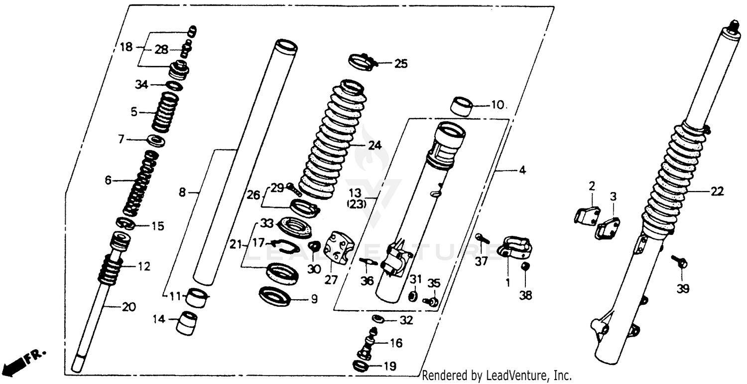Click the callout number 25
pyautogui.click(x=401, y=64)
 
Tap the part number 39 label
pyautogui.click(x=683, y=288)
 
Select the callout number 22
pyautogui.click(x=718, y=191)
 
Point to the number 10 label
pyautogui.click(x=498, y=105)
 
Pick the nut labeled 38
pyautogui.click(x=524, y=268)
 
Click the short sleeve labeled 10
pyautogui.click(x=462, y=106)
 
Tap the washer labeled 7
pyautogui.click(x=156, y=140)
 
